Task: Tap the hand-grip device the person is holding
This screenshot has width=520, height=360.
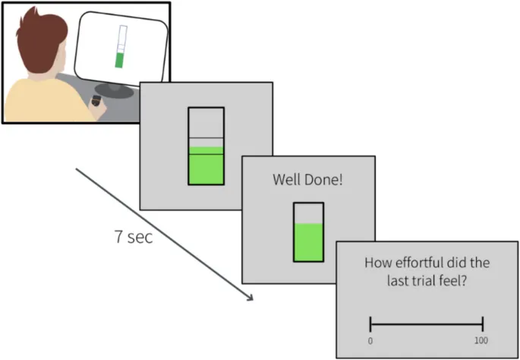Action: tap(96, 102)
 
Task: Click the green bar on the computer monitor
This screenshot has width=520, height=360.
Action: tap(118, 60)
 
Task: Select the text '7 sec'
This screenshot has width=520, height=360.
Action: tap(133, 236)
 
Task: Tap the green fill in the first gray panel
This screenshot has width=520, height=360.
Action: tap(206, 166)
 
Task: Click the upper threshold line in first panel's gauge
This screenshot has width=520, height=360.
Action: tap(206, 138)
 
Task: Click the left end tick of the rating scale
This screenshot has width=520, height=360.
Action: tap(370, 323)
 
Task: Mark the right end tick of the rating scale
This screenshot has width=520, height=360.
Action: tap(483, 323)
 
